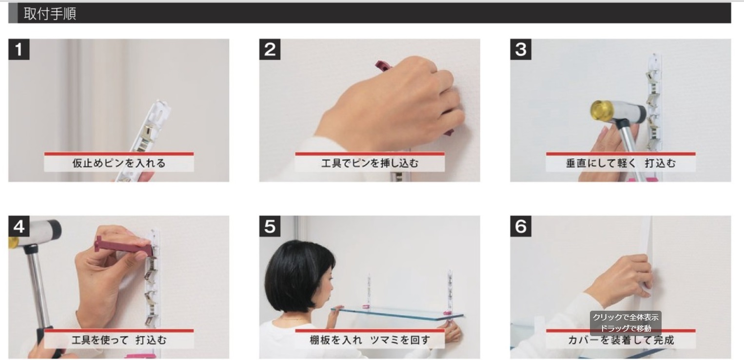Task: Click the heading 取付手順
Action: (50, 14)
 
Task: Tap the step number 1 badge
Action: (19, 50)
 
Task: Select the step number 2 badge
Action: (270, 50)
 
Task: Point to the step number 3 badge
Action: (521, 50)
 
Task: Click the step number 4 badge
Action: (19, 226)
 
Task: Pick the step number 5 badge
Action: (270, 226)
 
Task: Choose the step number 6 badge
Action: (521, 226)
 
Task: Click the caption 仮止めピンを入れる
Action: (119, 163)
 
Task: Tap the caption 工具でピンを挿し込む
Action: (370, 163)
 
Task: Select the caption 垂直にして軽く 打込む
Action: (621, 163)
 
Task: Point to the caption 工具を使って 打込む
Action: (119, 340)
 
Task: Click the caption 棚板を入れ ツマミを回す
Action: (370, 340)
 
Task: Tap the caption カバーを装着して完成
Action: (621, 340)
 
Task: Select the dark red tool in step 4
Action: (123, 246)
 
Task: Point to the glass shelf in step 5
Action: (397, 314)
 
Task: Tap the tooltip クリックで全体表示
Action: (626, 318)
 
